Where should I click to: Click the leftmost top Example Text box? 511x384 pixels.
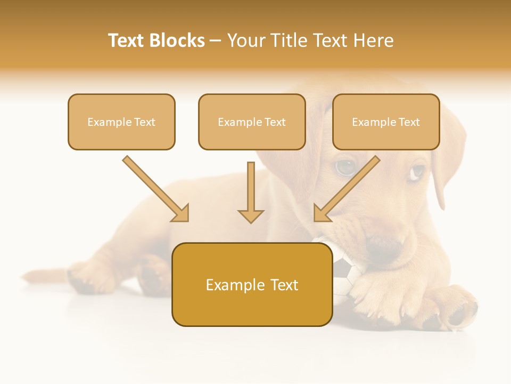121,122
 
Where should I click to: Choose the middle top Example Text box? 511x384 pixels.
252,122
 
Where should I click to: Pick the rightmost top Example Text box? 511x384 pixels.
386,122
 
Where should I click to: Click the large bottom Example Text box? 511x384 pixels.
252,285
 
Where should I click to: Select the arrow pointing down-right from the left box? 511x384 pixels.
155,188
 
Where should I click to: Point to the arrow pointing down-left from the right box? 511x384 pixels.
347,188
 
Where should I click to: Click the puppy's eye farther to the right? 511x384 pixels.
417,172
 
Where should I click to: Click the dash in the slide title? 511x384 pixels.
216,41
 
